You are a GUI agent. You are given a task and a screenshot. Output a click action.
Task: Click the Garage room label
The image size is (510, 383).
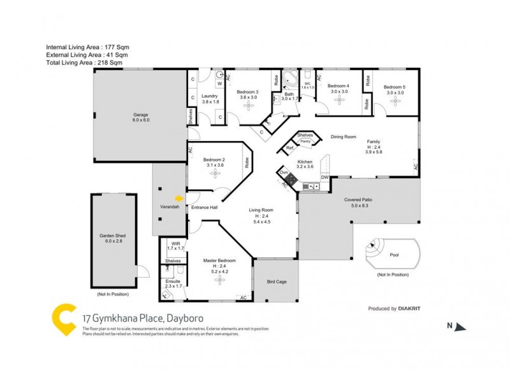coord(140,115)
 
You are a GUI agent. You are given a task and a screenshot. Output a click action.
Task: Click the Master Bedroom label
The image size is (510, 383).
coord(219,260)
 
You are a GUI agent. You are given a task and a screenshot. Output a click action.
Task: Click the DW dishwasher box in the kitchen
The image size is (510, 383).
coord(324,177)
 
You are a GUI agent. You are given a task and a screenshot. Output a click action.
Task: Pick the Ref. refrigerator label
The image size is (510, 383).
coord(289,148)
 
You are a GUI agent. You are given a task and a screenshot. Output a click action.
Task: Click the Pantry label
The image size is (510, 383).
coord(305,140)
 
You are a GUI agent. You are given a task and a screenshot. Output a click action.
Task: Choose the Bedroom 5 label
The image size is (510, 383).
coord(395,87)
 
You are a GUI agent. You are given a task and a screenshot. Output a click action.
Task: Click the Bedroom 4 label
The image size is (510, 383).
coord(339,86)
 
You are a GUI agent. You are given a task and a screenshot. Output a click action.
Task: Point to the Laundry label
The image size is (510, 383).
coord(210,96)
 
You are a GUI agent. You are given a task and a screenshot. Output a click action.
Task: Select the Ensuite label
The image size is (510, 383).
coord(173,281)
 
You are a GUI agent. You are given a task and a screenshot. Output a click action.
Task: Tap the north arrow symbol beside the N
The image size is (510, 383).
coord(461,327)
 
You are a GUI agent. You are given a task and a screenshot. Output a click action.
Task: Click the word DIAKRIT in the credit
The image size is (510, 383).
coord(409,308)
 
